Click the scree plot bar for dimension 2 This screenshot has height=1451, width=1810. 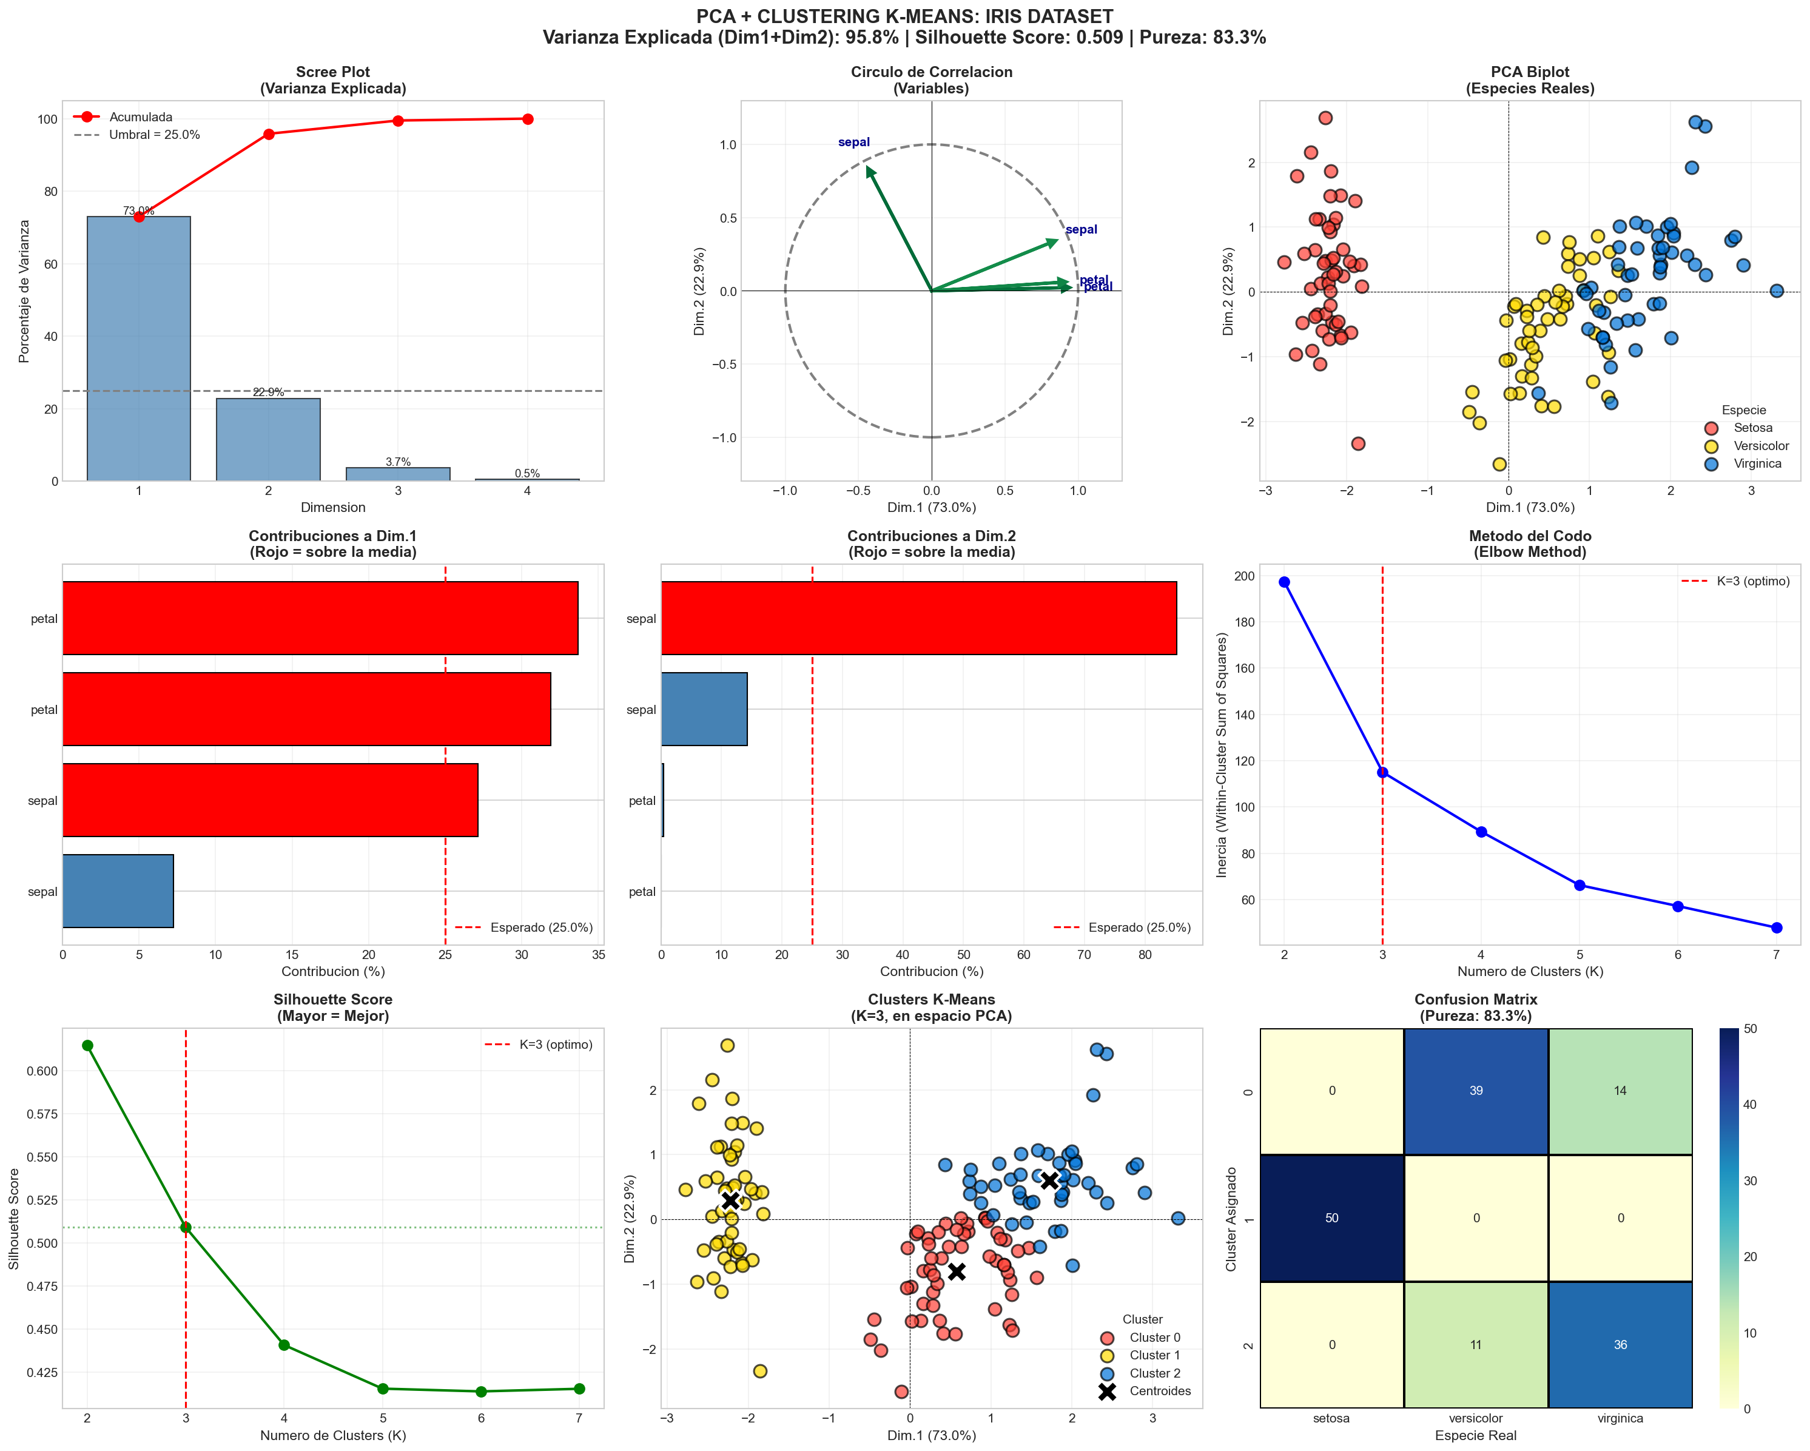(x=268, y=439)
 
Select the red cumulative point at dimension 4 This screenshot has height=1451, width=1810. (x=527, y=120)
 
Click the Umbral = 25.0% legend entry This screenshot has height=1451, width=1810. (x=153, y=134)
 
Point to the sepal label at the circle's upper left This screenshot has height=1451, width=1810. (x=854, y=142)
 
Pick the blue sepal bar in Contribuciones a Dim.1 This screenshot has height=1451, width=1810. (x=118, y=891)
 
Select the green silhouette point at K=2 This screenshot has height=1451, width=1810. (x=87, y=1045)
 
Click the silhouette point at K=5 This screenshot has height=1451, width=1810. (x=383, y=1389)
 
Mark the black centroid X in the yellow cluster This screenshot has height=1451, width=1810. (x=730, y=1200)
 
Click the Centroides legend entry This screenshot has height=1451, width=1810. (x=1159, y=1392)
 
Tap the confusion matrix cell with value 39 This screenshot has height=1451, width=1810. (x=1476, y=1091)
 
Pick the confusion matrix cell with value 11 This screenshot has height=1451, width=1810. (x=1476, y=1344)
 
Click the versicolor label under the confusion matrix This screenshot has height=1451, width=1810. (x=1476, y=1418)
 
